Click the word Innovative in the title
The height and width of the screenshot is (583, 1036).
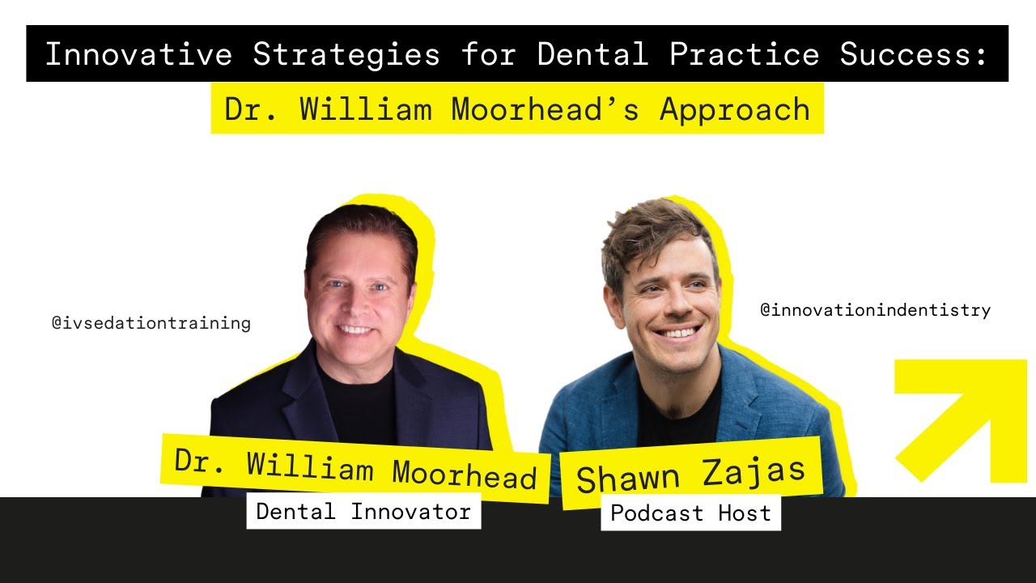(138, 53)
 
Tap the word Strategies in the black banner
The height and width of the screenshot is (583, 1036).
(346, 55)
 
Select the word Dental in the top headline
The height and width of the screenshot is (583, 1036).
(592, 53)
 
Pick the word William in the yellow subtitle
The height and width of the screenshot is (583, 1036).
(365, 109)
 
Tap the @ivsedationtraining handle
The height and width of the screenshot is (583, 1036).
(151, 323)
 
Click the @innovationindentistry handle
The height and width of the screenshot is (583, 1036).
(876, 310)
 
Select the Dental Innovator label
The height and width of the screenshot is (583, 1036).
(363, 511)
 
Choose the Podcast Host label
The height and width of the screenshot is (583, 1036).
(690, 513)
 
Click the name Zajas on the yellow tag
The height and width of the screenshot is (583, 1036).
(754, 471)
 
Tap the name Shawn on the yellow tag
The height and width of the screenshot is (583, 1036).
(628, 479)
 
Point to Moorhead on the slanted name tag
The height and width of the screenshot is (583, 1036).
(465, 474)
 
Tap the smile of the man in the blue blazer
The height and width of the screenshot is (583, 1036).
(677, 332)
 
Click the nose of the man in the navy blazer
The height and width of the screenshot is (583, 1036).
(355, 303)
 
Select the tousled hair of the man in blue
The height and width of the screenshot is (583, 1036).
(656, 236)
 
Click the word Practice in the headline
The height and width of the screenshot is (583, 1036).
(744, 53)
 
